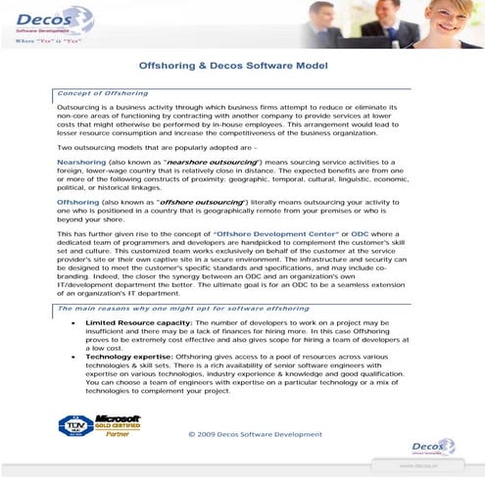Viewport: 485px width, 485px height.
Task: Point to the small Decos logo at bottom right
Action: click(433, 447)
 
